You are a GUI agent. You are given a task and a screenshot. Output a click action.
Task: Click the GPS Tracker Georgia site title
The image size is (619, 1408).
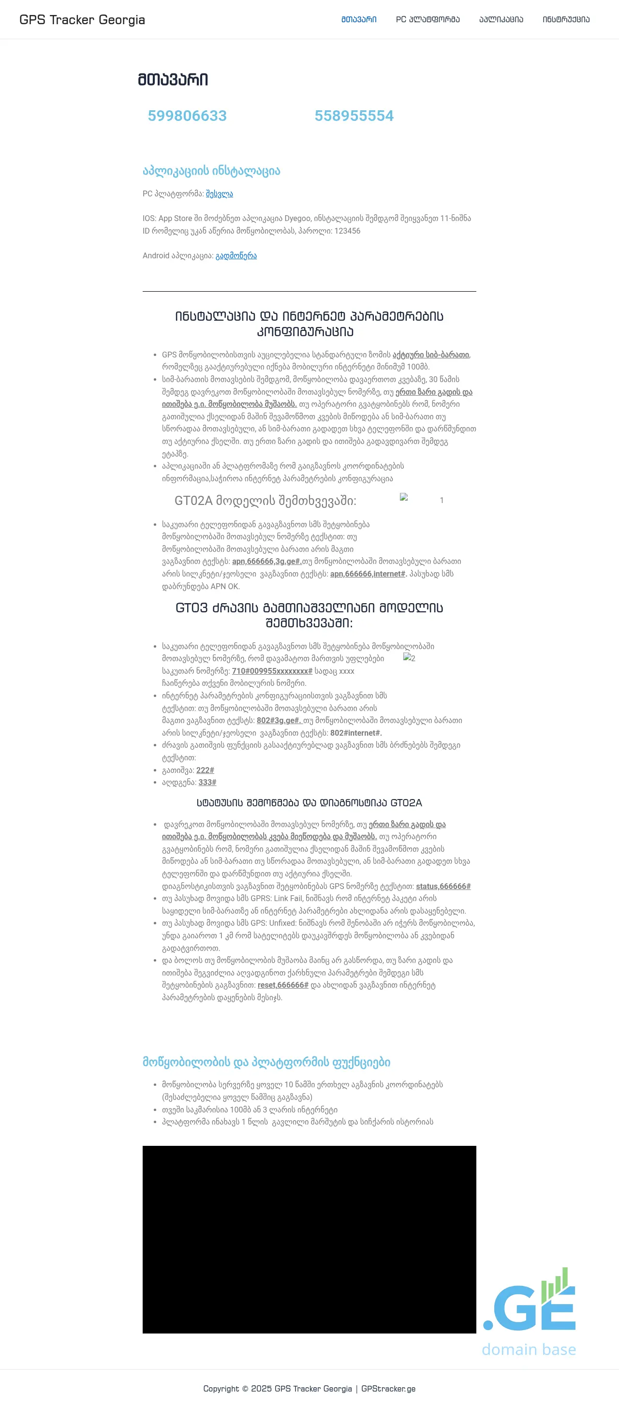click(82, 20)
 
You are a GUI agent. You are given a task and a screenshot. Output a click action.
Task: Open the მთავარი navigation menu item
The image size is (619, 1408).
click(358, 20)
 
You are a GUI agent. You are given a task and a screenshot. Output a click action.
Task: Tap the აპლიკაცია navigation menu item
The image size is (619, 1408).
click(501, 20)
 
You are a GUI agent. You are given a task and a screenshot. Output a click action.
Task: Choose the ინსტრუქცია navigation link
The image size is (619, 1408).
click(565, 20)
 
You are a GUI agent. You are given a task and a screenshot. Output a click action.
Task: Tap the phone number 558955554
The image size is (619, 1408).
click(354, 116)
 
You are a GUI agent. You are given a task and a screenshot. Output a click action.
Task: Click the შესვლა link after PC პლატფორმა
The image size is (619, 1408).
click(219, 194)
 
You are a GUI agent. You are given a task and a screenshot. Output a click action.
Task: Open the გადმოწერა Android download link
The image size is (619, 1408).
click(236, 256)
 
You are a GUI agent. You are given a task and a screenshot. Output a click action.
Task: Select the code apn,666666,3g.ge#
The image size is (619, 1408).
click(266, 562)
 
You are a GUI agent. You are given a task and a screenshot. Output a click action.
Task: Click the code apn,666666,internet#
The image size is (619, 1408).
click(368, 574)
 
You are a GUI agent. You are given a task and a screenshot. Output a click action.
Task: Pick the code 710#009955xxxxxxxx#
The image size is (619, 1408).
click(271, 671)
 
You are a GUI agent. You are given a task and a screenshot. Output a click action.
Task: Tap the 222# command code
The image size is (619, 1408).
click(205, 770)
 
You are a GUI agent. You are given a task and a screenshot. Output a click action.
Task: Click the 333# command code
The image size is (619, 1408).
click(207, 783)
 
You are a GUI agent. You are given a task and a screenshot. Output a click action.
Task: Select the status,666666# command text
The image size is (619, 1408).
click(442, 887)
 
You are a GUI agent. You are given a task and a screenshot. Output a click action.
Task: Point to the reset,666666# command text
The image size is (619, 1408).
click(282, 985)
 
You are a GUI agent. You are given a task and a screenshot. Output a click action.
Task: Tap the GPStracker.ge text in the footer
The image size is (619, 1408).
click(388, 1389)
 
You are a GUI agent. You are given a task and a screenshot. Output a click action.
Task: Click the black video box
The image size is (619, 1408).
click(309, 1239)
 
